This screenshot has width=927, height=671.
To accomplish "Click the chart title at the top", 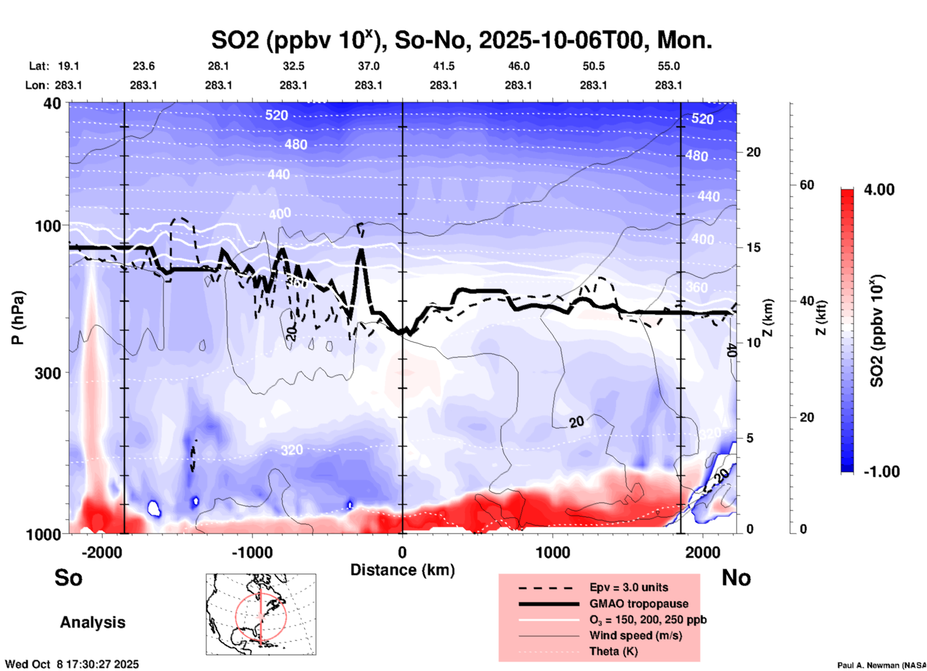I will point(461,40).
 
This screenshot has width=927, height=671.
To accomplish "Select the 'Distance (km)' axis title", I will point(402,570).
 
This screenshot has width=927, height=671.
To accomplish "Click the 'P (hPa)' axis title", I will point(18,318).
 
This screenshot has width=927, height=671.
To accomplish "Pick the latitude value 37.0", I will point(368,66).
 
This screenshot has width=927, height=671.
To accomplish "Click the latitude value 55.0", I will point(669,66).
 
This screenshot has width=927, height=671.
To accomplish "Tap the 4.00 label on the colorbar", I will point(879,190).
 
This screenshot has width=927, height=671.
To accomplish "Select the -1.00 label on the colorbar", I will point(881,471).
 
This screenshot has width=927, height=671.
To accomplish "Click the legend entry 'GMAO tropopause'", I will point(638,604).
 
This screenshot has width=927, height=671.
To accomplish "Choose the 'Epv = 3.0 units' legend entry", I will point(628,587).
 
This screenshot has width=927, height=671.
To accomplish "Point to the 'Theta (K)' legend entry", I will point(613,651).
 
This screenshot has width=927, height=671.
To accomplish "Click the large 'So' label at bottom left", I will point(68,578).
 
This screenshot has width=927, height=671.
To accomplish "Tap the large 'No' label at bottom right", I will point(736,578).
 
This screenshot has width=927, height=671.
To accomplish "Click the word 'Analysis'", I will point(92,622).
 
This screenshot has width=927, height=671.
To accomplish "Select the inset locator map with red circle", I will point(261,614).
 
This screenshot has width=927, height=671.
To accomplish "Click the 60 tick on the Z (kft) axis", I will point(807,185).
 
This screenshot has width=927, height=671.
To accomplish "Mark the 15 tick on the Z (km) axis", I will point(753,247).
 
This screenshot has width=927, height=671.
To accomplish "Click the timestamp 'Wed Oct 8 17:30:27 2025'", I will point(72,664).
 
